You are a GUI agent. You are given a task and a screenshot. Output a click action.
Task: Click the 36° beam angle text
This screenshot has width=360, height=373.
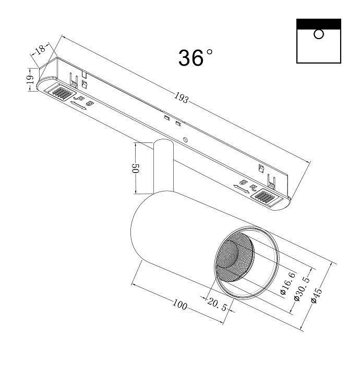[196, 57]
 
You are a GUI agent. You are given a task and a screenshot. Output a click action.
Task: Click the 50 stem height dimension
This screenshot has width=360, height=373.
[134, 169]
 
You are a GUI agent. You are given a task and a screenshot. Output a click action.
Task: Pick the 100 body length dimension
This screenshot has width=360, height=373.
[179, 305]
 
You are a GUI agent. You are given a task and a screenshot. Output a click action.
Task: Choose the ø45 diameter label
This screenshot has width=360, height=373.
[316, 295]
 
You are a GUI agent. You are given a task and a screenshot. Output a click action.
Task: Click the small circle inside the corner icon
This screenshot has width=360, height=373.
[319, 34]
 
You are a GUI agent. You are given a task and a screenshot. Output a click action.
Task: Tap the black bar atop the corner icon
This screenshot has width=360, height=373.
[319, 23]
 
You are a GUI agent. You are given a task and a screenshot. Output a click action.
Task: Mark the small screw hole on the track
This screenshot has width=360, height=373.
[185, 140]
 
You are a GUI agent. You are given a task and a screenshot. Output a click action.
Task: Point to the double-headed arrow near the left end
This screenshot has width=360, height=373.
[78, 106]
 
